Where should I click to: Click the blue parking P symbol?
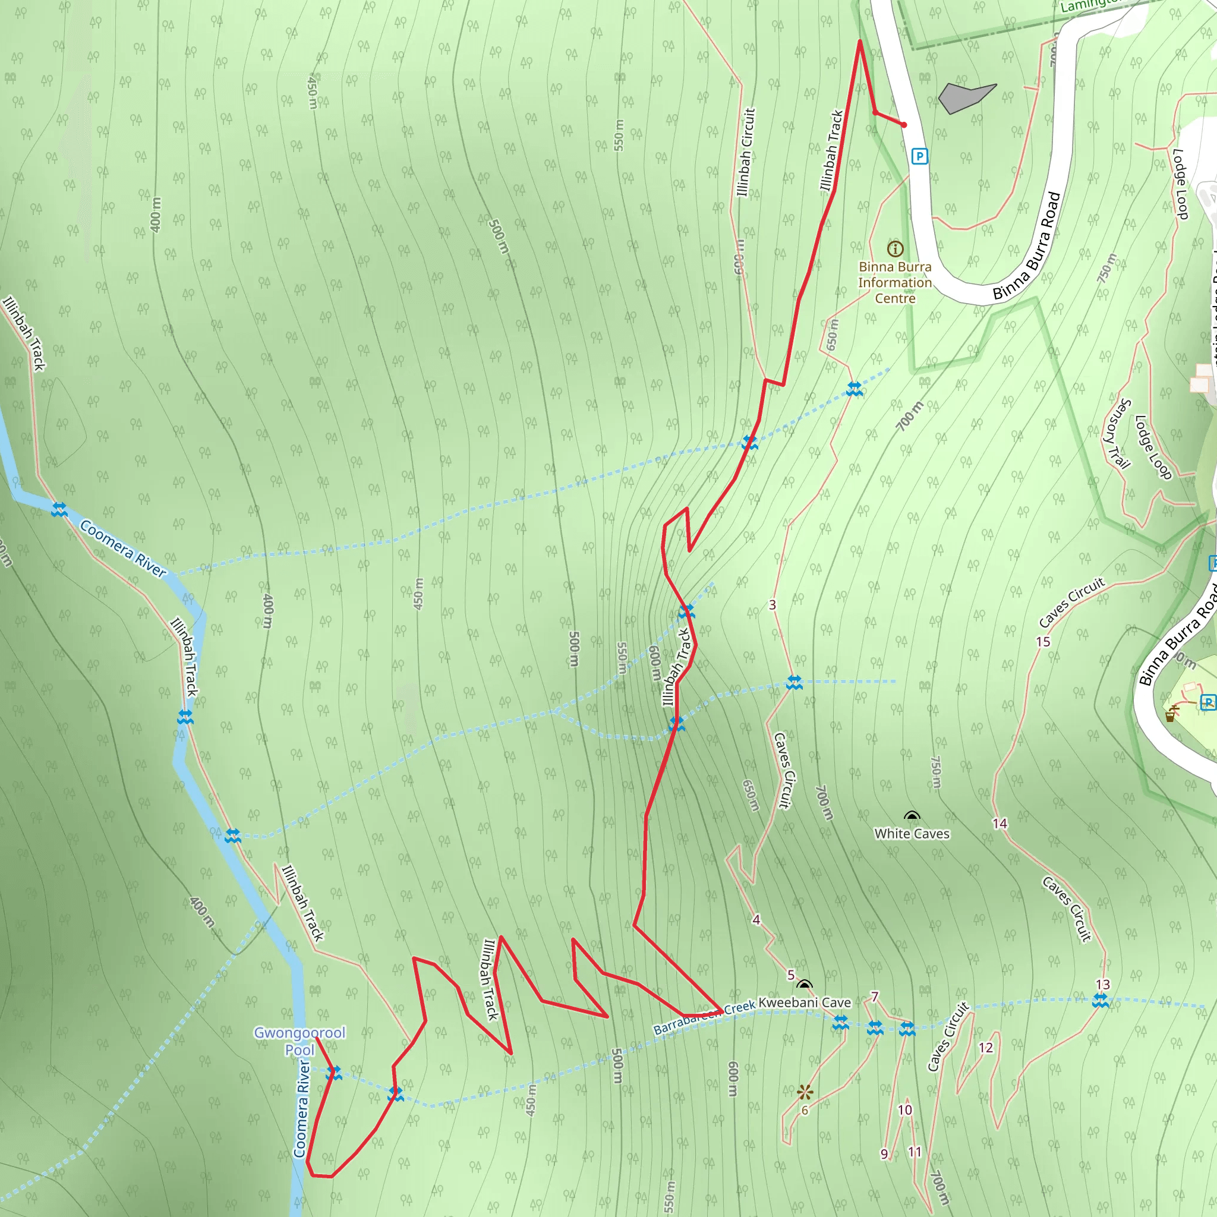pyautogui.click(x=919, y=156)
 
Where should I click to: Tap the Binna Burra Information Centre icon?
pyautogui.click(x=895, y=249)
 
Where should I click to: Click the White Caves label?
pyautogui.click(x=912, y=833)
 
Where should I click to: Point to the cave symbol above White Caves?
pyautogui.click(x=912, y=817)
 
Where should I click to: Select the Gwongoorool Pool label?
pyautogui.click(x=299, y=1041)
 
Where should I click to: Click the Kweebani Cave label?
pyautogui.click(x=805, y=1002)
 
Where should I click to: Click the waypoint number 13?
pyautogui.click(x=1102, y=985)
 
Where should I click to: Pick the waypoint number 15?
pyautogui.click(x=1043, y=641)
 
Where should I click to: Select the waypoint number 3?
pyautogui.click(x=773, y=605)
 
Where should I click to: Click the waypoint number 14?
pyautogui.click(x=1000, y=823)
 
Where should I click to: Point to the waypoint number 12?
pyautogui.click(x=986, y=1048)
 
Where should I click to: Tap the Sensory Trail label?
pyautogui.click(x=1118, y=434)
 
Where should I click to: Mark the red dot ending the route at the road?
pyautogui.click(x=904, y=125)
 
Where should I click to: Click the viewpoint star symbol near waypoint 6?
pyautogui.click(x=805, y=1092)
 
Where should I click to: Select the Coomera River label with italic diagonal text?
pyautogui.click(x=124, y=548)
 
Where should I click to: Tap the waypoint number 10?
pyautogui.click(x=904, y=1110)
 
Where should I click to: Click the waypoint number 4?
pyautogui.click(x=756, y=920)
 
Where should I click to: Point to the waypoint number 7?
pyautogui.click(x=874, y=997)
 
